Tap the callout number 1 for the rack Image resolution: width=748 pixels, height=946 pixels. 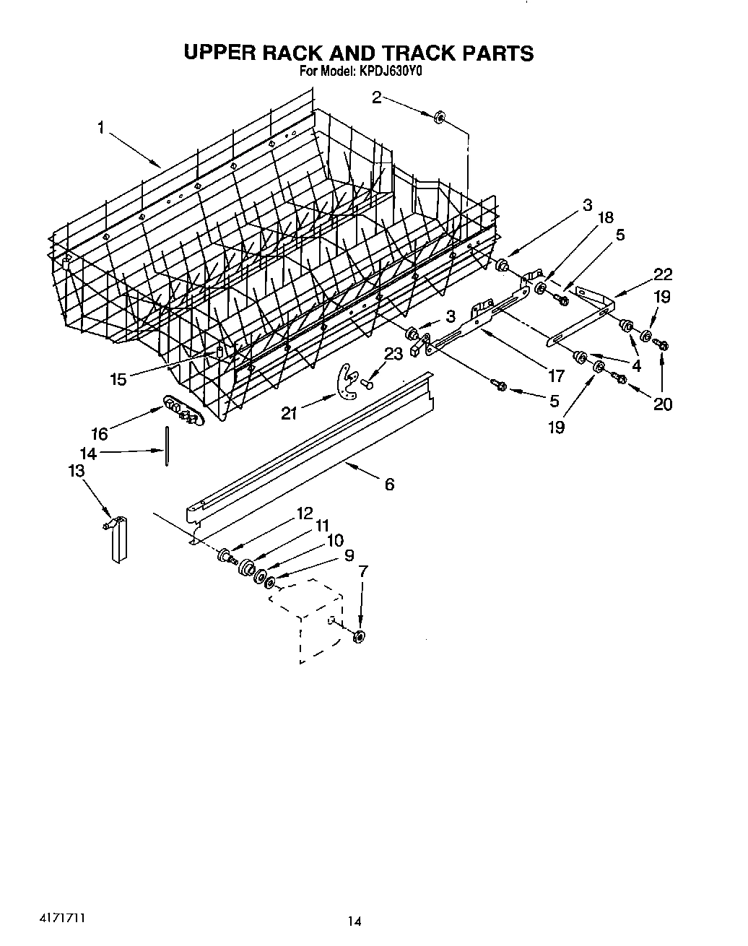pos(102,128)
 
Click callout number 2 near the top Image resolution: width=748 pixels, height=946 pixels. pos(377,97)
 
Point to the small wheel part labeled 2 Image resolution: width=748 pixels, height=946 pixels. pos(439,117)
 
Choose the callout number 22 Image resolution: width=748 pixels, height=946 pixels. pos(662,274)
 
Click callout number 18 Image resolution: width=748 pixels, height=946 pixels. pos(605,218)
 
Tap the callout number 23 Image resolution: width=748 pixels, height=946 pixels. pos(393,355)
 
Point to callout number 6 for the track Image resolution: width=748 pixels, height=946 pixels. pos(389,485)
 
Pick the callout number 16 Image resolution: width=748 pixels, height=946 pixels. pos(99,433)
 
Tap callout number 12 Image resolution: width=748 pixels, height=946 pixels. pos(304,513)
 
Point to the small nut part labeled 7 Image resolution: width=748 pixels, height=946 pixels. pos(358,635)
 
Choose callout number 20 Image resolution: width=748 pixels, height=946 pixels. pos(662,404)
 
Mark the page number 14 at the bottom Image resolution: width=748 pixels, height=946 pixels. pos(354,921)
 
